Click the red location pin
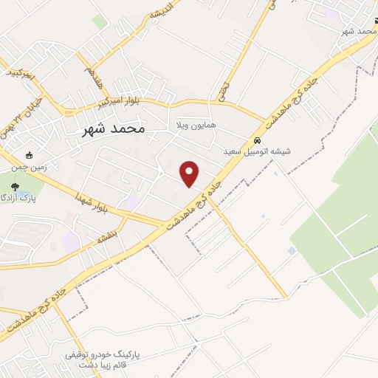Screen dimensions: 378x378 190,173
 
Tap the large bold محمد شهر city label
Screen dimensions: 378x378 111,128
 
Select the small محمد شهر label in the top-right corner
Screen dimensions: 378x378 358,31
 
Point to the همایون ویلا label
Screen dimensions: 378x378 195,126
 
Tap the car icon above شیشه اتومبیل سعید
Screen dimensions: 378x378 257,140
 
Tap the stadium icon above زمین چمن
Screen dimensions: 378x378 30,156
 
